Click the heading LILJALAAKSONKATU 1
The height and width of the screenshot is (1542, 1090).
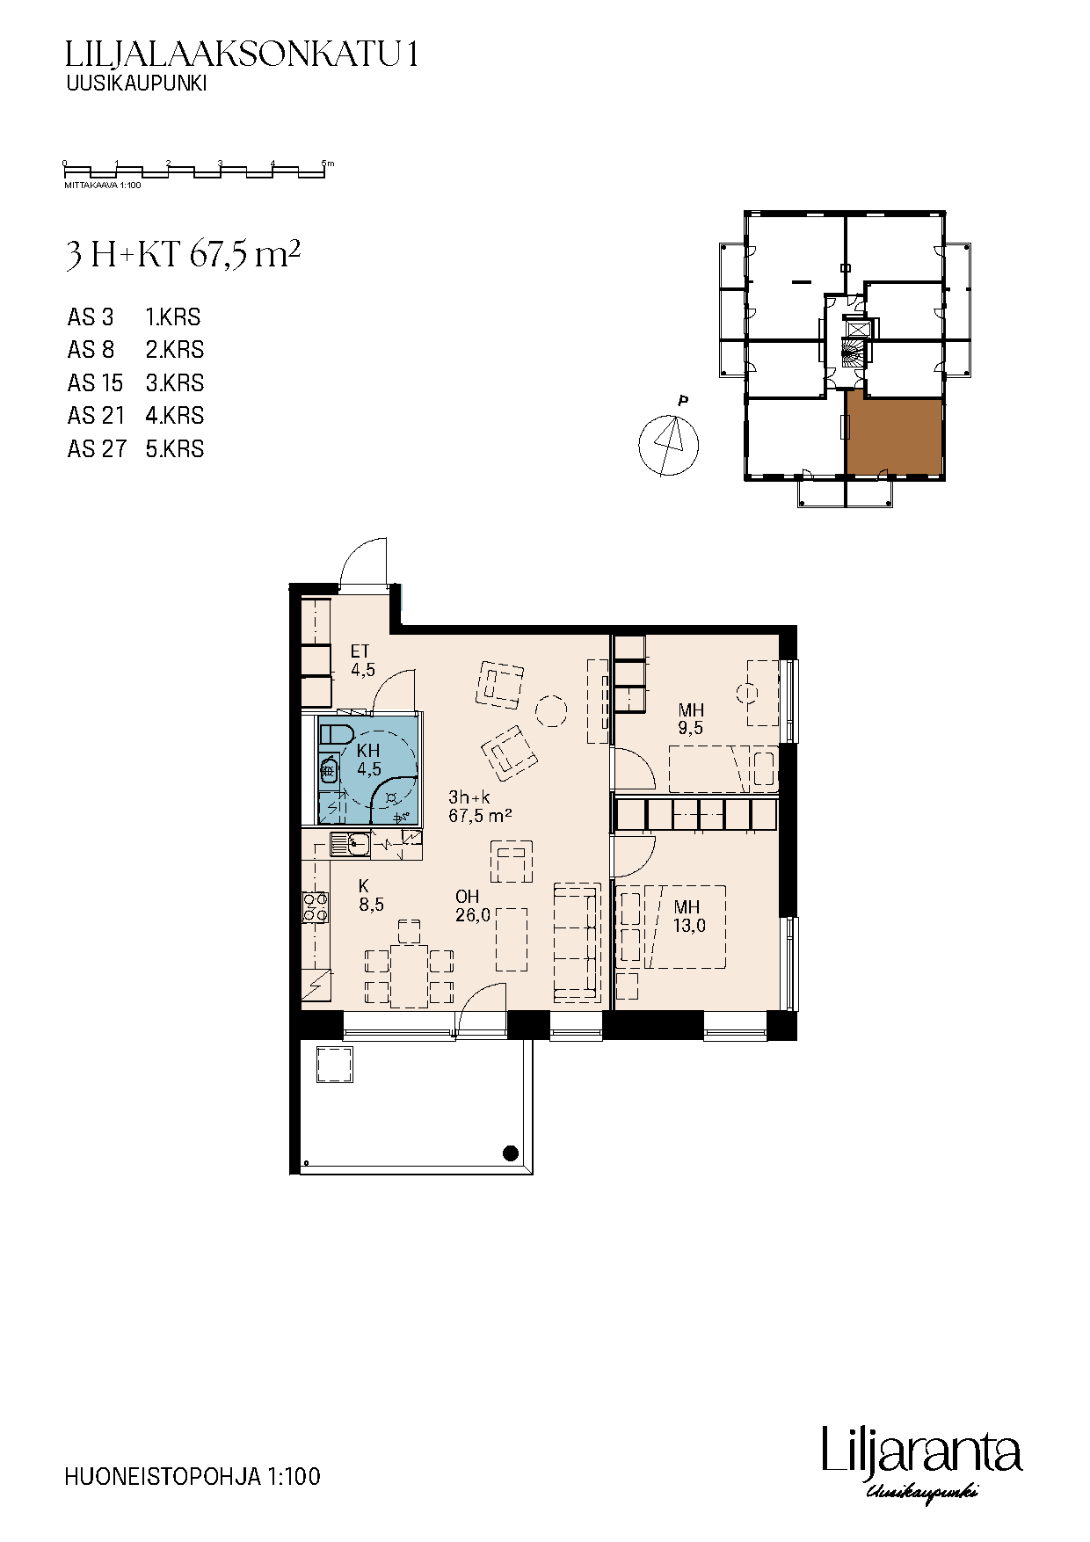point(242,55)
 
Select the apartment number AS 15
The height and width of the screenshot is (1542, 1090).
point(96,383)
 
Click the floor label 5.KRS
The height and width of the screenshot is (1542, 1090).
point(175,449)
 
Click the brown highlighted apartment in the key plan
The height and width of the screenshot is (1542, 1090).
point(894,437)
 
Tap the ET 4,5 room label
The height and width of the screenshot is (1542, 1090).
point(362,660)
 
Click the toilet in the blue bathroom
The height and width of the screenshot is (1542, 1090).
point(336,734)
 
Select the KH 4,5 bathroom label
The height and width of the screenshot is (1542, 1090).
point(368,760)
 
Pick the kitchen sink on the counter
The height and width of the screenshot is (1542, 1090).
point(351,845)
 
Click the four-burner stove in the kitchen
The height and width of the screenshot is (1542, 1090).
point(316,907)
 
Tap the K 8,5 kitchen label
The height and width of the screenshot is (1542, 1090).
point(370,896)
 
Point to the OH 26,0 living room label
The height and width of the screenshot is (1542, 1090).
point(473,906)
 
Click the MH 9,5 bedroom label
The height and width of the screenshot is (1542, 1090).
point(691,718)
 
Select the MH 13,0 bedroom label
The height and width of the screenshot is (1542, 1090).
point(688,916)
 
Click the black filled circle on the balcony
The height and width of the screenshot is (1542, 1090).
point(510,1153)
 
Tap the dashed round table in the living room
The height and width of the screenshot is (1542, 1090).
point(552,710)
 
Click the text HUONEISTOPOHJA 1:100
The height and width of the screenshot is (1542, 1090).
point(193,1476)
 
